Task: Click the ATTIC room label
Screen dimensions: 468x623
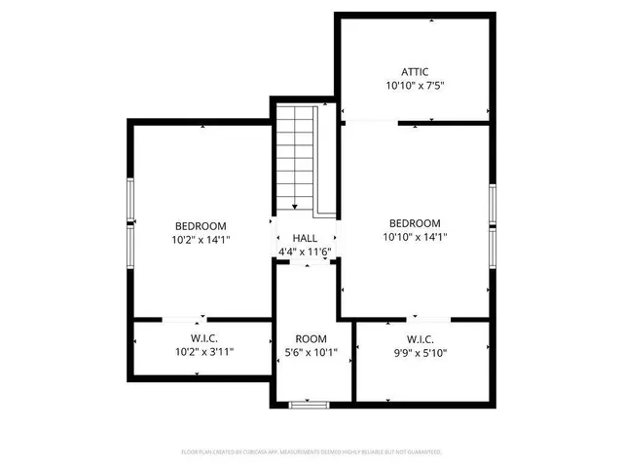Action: [415, 71]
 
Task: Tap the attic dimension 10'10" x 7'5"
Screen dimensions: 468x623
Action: [415, 86]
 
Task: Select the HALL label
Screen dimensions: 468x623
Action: [306, 238]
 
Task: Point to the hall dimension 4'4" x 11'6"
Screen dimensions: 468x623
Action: [306, 252]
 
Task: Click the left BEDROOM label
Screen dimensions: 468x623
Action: [202, 223]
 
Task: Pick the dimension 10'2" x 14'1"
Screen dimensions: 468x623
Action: [202, 238]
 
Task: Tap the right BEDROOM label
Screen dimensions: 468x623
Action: [415, 222]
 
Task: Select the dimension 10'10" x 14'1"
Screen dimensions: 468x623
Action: [415, 237]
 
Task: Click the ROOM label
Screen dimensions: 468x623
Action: [311, 339]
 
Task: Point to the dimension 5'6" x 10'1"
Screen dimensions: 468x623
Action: [311, 353]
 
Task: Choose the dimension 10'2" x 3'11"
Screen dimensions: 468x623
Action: [203, 352]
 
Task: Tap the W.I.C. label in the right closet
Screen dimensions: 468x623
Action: [420, 339]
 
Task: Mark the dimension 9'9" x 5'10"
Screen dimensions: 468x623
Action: [420, 353]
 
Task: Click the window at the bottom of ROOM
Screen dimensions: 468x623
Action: [310, 403]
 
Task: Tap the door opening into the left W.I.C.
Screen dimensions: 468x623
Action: [182, 319]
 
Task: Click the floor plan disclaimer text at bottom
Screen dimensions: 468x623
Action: [311, 452]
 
